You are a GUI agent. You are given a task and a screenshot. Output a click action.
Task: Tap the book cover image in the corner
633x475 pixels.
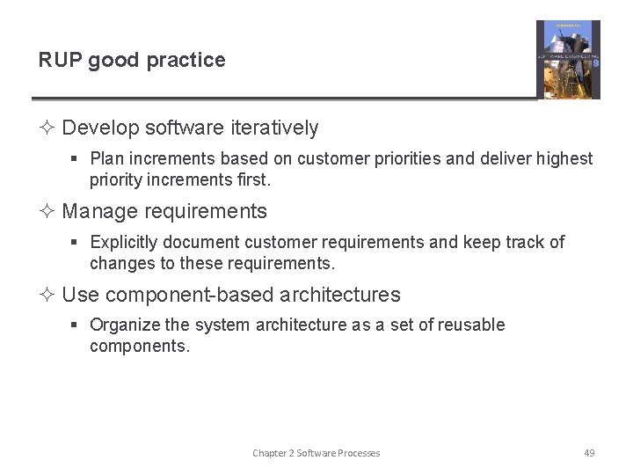[x=568, y=59]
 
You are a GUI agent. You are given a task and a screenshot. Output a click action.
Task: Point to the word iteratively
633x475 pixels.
[x=274, y=128]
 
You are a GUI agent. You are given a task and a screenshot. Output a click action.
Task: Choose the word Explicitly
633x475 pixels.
[x=124, y=242]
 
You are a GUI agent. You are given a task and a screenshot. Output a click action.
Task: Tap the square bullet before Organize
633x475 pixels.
[x=76, y=325]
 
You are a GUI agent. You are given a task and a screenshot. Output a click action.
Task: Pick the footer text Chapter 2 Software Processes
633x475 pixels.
[x=316, y=453]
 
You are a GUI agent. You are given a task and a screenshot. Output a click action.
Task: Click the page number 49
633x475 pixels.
[x=589, y=453]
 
